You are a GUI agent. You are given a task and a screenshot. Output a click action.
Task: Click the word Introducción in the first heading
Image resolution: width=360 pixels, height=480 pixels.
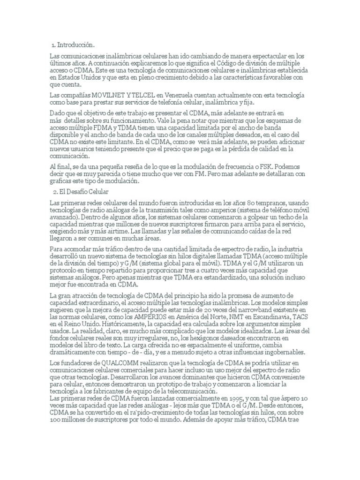click(76, 45)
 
